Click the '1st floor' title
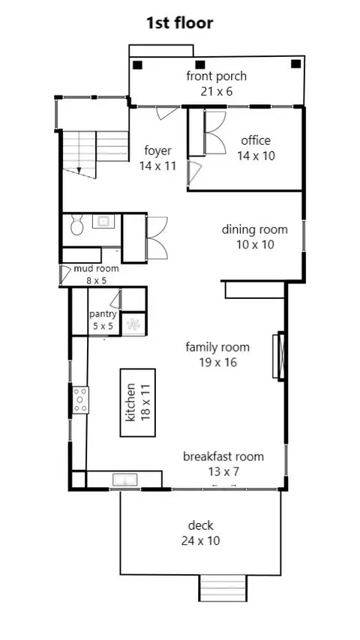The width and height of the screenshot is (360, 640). (180, 22)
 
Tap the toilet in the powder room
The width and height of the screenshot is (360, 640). (76, 226)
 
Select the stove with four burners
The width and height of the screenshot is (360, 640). (80, 400)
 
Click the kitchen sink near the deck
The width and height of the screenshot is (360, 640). (125, 480)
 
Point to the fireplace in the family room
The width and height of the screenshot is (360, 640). (279, 355)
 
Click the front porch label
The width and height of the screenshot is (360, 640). (217, 76)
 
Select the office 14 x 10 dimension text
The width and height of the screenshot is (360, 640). (256, 156)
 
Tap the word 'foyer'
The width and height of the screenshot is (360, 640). (157, 151)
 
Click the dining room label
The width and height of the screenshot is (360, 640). (254, 229)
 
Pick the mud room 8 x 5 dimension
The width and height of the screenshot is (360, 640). (97, 280)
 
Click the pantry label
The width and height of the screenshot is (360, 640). (103, 314)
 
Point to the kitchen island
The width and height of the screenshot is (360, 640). (138, 402)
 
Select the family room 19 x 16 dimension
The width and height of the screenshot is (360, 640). (217, 362)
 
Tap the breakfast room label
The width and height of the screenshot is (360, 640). (223, 456)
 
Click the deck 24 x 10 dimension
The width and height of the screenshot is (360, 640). (201, 541)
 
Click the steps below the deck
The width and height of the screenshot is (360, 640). (223, 588)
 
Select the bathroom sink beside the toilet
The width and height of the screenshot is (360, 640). (103, 221)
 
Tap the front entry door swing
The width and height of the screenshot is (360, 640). (167, 113)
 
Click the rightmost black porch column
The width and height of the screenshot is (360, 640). (295, 64)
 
